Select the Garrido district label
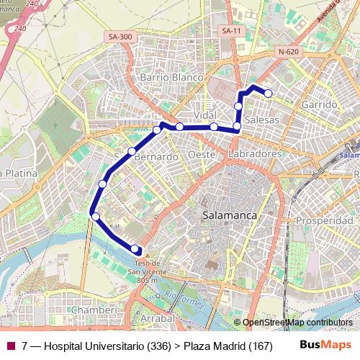320,104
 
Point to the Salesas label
261,120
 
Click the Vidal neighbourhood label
205,115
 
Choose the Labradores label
253,154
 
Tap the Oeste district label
202,155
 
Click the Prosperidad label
324,220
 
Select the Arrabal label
158,318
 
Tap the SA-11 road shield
230,31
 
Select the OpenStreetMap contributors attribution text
297,323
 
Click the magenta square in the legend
11,346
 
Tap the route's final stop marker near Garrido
268,93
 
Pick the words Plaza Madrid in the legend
215,346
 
